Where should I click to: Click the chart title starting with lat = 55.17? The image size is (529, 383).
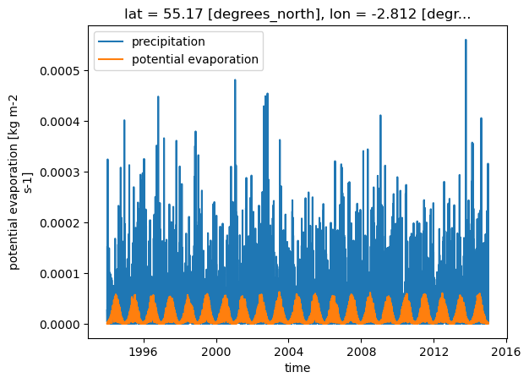297,14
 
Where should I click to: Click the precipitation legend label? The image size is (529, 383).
168,41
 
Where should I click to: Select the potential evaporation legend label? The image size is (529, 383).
195,59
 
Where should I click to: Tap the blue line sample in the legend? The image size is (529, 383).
111,41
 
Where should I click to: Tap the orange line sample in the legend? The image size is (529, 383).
111,59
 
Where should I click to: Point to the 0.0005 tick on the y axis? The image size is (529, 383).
60,71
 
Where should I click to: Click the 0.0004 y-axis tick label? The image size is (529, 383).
60,122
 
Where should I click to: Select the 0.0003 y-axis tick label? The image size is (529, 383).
60,172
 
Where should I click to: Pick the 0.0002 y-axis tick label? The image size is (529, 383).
60,223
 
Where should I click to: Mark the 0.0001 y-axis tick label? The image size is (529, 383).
60,274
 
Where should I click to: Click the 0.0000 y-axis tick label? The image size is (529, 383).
60,325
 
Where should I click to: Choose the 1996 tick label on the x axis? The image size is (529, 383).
144,352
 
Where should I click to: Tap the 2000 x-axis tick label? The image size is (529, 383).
216,352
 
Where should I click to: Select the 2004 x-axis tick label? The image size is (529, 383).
289,352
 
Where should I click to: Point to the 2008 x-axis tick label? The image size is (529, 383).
362,352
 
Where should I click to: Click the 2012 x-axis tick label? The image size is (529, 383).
434,352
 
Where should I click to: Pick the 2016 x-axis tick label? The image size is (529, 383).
506,352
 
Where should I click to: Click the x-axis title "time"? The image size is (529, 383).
297,368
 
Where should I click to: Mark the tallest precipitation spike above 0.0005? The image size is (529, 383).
466,41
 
